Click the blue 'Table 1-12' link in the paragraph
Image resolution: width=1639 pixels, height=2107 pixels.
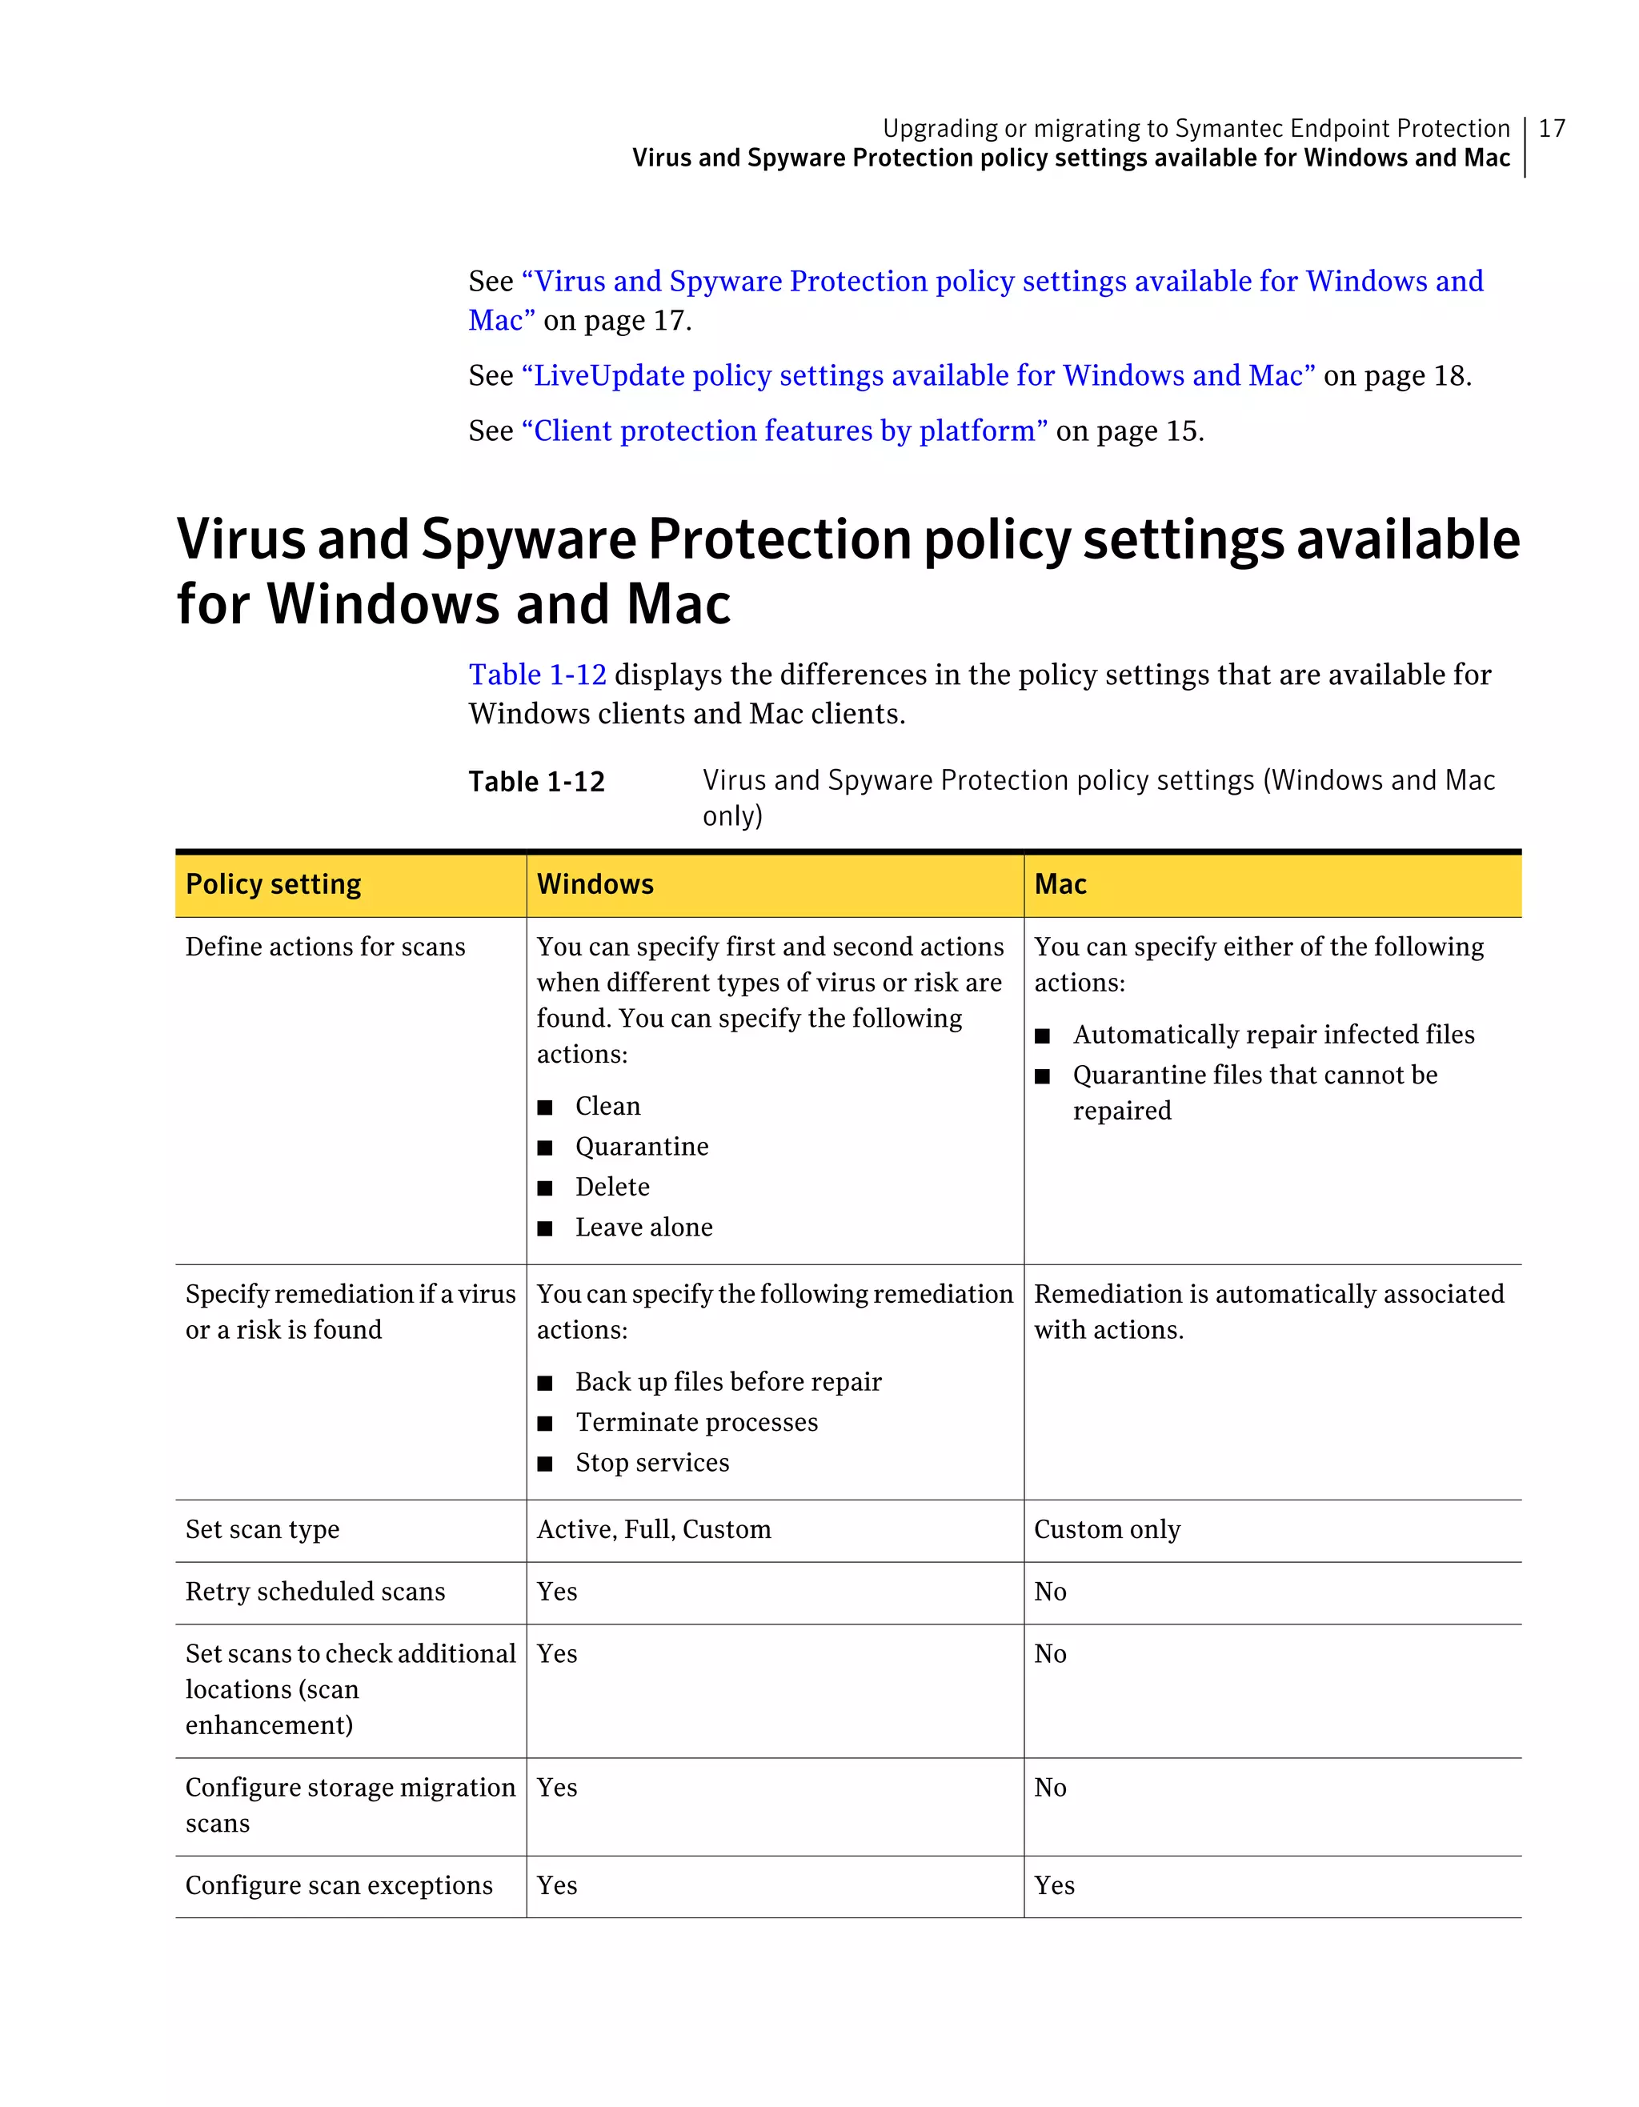coord(537,675)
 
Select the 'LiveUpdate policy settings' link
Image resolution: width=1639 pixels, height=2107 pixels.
coord(917,375)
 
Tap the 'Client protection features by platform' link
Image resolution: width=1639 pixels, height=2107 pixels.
coord(784,431)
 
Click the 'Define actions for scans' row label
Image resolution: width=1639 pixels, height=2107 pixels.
coord(325,947)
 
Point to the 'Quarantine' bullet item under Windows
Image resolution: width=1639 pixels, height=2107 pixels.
coord(642,1146)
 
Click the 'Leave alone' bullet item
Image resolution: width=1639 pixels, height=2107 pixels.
coord(643,1228)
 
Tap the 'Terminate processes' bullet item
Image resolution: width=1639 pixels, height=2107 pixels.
coord(696,1422)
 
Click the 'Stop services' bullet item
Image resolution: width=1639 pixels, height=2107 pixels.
coord(652,1463)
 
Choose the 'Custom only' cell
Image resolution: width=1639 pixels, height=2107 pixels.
coord(1107,1529)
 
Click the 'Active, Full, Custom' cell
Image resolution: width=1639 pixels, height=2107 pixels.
coord(654,1529)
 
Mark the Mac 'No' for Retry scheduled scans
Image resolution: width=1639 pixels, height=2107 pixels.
coord(1049,1592)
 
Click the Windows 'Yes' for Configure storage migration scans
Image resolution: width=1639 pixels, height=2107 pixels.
coord(557,1788)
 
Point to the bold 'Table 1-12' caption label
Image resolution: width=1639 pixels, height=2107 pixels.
coord(536,782)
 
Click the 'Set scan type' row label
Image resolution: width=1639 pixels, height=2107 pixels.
coord(262,1529)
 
